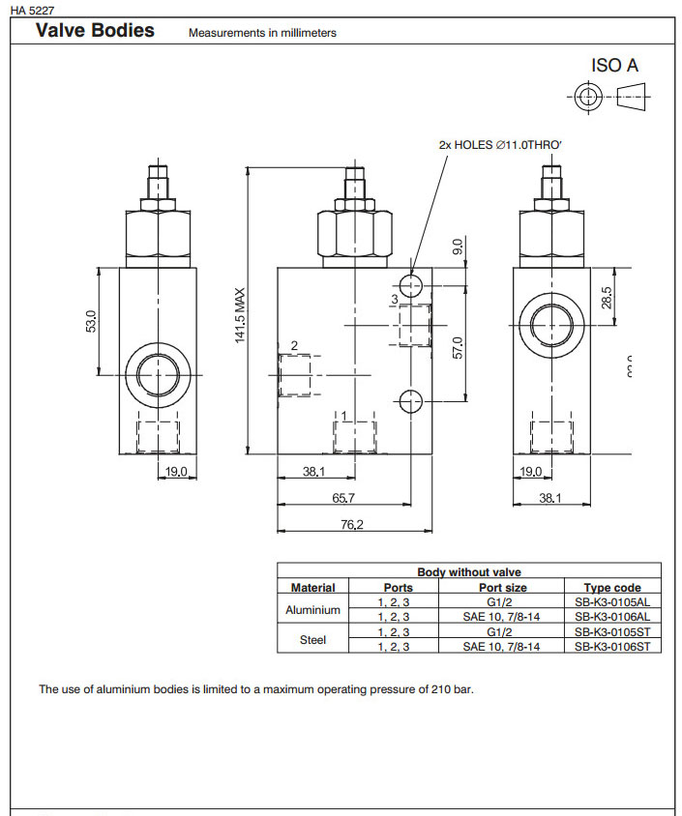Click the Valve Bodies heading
95,31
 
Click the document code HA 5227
32,10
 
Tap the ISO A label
614,67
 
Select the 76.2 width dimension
350,524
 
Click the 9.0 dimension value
459,248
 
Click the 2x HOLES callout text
500,144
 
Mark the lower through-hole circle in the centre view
410,400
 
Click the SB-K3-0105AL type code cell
611,601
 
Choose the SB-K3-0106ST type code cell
611,646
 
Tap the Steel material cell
312,639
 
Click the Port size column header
503,587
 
